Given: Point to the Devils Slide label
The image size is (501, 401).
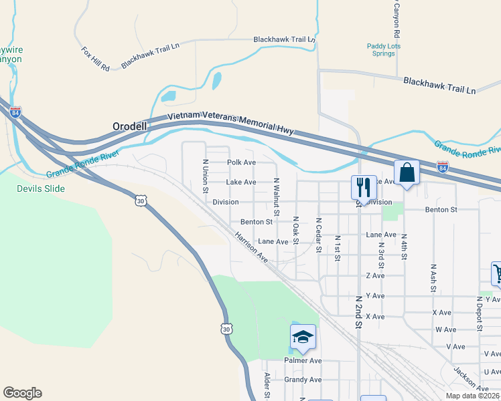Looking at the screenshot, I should pyautogui.click(x=42, y=188).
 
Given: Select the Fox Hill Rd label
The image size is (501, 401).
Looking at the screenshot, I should pyautogui.click(x=95, y=59).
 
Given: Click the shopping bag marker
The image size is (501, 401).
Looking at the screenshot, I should pyautogui.click(x=407, y=173).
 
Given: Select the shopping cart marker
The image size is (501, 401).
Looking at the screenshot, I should pyautogui.click(x=498, y=273).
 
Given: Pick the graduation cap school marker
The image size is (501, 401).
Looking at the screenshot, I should pyautogui.click(x=303, y=338).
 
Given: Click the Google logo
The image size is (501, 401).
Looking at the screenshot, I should pyautogui.click(x=22, y=393).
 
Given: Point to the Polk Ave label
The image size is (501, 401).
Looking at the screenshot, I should pyautogui.click(x=241, y=162).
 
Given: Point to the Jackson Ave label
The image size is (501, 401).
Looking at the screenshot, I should pyautogui.click(x=470, y=379).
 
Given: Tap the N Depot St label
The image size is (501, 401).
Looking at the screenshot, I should pyautogui.click(x=480, y=315).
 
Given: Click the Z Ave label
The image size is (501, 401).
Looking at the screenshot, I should pyautogui.click(x=375, y=275).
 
